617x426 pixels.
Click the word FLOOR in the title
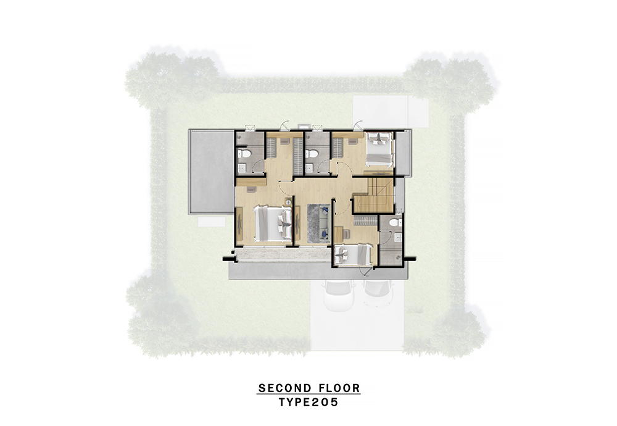pyautogui.click(x=341, y=388)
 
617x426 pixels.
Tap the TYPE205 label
pyautogui.click(x=308, y=403)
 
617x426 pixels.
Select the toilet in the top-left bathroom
pyautogui.click(x=243, y=154)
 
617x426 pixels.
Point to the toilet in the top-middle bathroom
pyautogui.click(x=311, y=154)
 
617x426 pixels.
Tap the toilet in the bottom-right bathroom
pyautogui.click(x=394, y=222)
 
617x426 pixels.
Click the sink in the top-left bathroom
pyautogui.click(x=242, y=169)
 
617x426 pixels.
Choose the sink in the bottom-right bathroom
pyautogui.click(x=398, y=237)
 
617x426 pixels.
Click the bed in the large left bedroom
pyautogui.click(x=273, y=223)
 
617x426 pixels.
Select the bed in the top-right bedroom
pyautogui.click(x=379, y=149)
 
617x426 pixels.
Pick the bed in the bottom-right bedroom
pyautogui.click(x=352, y=255)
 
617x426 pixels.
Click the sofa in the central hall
pyautogui.click(x=325, y=222)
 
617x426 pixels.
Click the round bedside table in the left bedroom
pyautogui.click(x=288, y=203)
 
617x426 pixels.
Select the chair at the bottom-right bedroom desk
pyautogui.click(x=346, y=234)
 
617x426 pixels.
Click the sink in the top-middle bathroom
pyautogui.click(x=310, y=169)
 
